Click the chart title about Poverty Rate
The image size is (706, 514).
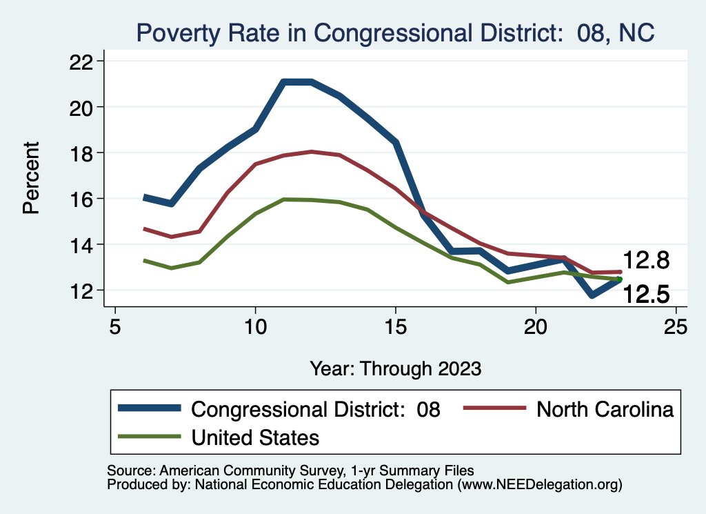coord(395,32)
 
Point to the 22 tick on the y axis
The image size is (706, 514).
coord(84,61)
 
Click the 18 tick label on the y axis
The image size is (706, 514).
coord(84,152)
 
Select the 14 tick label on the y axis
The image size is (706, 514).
coord(84,244)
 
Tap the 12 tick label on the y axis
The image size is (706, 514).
coord(84,290)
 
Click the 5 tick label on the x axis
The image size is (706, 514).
coord(114,326)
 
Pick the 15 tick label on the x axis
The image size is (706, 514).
coord(396,326)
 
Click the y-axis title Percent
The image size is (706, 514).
coord(31,177)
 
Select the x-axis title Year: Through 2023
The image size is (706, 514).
coord(395,368)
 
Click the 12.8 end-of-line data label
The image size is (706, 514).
coord(647,260)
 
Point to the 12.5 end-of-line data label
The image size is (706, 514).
coord(647,295)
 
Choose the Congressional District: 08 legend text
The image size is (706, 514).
coord(316,409)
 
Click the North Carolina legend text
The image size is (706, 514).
coord(605,409)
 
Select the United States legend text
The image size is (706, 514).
coord(255,437)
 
